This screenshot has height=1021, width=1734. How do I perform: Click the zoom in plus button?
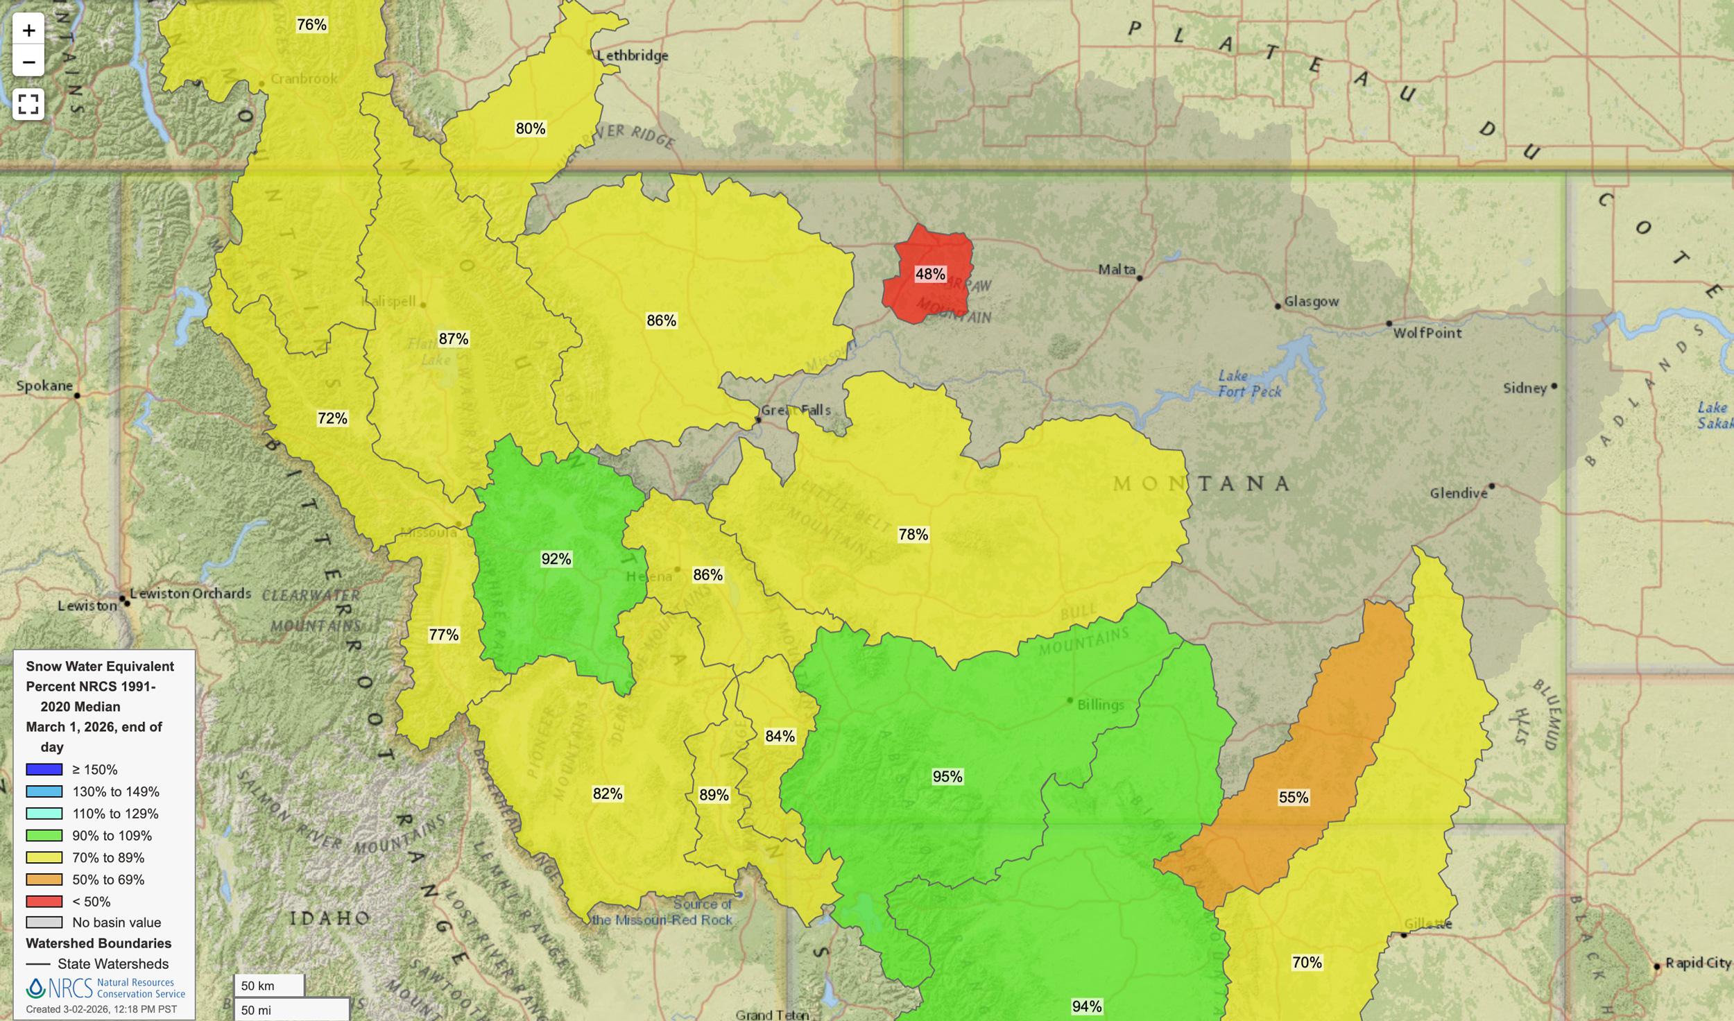(x=28, y=31)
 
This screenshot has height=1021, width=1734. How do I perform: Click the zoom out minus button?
(x=28, y=62)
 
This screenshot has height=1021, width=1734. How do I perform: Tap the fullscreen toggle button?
(x=28, y=104)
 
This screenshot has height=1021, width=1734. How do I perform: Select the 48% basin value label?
(x=929, y=274)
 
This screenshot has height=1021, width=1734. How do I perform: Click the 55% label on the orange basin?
(x=1293, y=798)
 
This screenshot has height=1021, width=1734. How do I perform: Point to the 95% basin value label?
(x=947, y=777)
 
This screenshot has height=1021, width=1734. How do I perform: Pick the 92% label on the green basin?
(x=556, y=559)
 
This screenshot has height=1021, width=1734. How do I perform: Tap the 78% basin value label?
(x=913, y=535)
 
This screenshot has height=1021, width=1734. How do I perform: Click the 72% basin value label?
(x=332, y=418)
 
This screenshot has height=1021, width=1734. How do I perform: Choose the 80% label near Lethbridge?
(x=530, y=129)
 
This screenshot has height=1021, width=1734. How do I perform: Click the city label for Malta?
(x=1117, y=269)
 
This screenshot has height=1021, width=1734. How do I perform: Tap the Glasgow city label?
(x=1311, y=302)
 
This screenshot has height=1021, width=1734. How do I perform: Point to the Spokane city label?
(x=44, y=386)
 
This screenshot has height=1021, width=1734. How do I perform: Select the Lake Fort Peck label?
(x=1249, y=384)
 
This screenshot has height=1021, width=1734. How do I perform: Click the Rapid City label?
(x=1697, y=963)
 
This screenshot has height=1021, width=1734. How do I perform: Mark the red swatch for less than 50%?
(x=44, y=902)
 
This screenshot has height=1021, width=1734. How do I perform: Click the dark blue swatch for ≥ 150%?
(x=44, y=769)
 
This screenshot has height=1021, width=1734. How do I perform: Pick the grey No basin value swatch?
(x=44, y=923)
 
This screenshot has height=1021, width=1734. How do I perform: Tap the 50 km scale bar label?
(x=258, y=986)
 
